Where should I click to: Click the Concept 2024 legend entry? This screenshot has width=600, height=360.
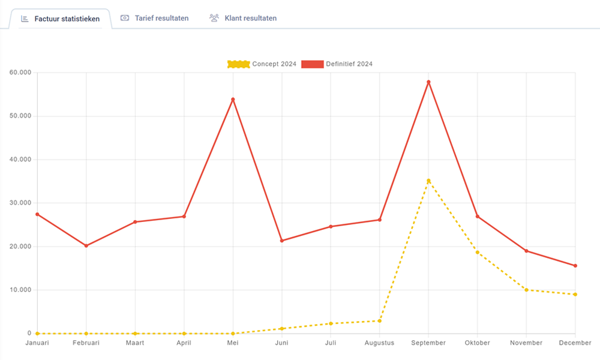tap(262, 64)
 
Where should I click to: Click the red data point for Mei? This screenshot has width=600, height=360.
tap(233, 99)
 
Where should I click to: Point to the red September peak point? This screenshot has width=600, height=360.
tap(428, 82)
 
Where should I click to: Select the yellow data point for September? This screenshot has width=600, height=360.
tap(428, 181)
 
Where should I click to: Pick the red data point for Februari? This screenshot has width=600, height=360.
tap(86, 245)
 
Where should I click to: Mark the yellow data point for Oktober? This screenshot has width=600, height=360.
tap(478, 252)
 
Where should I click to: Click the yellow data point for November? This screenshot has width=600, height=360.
tap(526, 290)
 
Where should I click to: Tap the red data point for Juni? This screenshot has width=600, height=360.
tap(282, 241)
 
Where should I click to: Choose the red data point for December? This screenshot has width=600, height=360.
tap(575, 266)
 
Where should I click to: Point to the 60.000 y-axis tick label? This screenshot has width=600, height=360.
tap(20, 73)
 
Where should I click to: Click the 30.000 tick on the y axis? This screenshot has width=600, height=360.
tap(20, 203)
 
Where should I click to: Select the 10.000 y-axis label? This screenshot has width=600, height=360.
tap(20, 290)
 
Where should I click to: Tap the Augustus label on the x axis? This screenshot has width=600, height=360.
tap(379, 343)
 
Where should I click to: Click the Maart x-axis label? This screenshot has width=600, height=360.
tap(135, 343)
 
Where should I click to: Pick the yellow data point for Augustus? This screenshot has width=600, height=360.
tap(380, 320)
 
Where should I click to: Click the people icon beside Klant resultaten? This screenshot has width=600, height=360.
tap(214, 18)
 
